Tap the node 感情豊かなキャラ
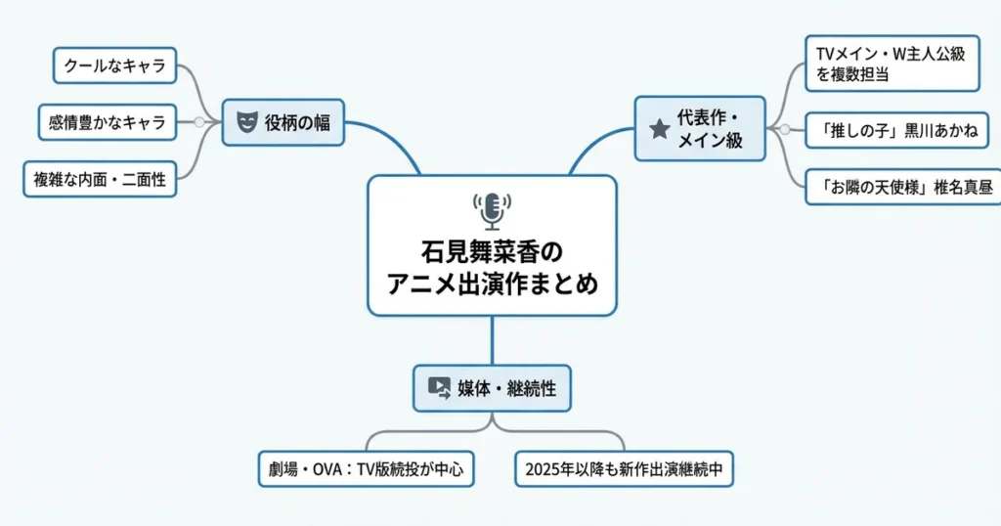pyautogui.click(x=108, y=123)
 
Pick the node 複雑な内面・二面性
pyautogui.click(x=100, y=179)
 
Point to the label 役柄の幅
pyautogui.click(x=296, y=123)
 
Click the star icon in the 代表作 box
pyautogui.click(x=659, y=128)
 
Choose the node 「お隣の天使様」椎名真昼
pyautogui.click(x=898, y=187)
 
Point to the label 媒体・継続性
pyautogui.click(x=507, y=388)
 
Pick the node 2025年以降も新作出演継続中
pyautogui.click(x=624, y=470)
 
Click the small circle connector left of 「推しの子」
pyautogui.click(x=784, y=129)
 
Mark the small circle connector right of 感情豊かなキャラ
pyautogui.click(x=198, y=122)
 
